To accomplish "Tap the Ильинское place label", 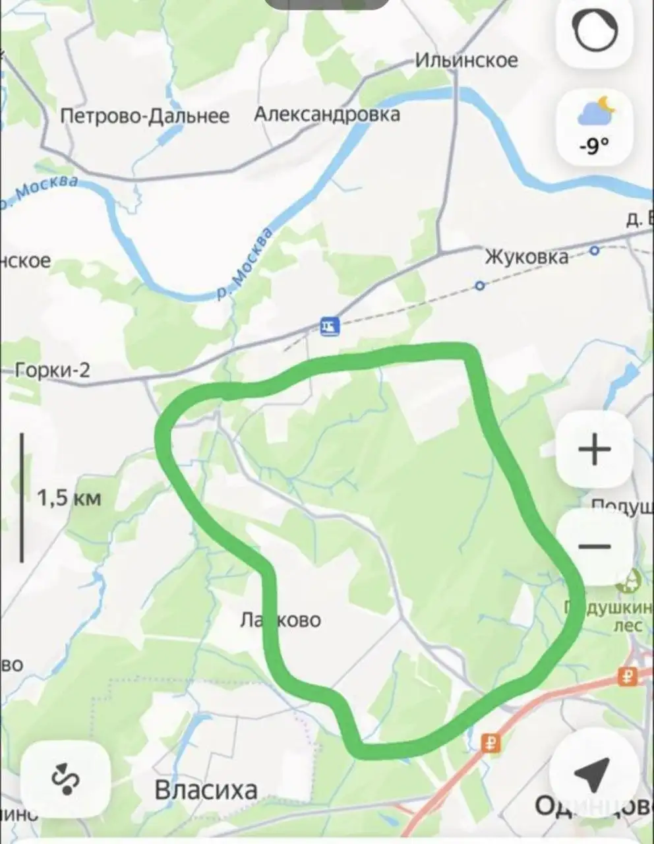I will pyautogui.click(x=466, y=61).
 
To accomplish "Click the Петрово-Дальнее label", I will pyautogui.click(x=144, y=117).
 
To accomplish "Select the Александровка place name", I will pyautogui.click(x=327, y=114).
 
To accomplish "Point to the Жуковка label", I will pyautogui.click(x=526, y=256).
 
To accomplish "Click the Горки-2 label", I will pyautogui.click(x=53, y=371).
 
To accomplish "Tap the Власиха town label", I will pyautogui.click(x=206, y=789).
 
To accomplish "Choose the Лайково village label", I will pyautogui.click(x=282, y=620).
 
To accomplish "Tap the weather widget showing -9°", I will pyautogui.click(x=595, y=128).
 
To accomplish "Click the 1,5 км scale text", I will pyautogui.click(x=69, y=497).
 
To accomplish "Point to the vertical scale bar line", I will pyautogui.click(x=22, y=497).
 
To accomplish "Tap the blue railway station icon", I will pyautogui.click(x=329, y=325).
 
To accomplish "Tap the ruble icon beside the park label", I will pyautogui.click(x=627, y=676).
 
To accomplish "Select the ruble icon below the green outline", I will pyautogui.click(x=490, y=743).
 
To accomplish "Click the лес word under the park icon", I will pyautogui.click(x=628, y=624).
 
